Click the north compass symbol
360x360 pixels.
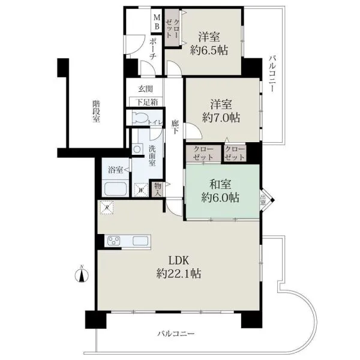(x=82, y=274)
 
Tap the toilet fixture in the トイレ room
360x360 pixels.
(x=140, y=117)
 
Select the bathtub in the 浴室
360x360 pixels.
(x=115, y=189)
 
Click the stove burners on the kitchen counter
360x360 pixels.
(x=114, y=241)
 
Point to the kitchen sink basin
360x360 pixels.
(x=140, y=241)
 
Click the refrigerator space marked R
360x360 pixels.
(x=107, y=208)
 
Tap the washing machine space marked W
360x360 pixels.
(x=141, y=190)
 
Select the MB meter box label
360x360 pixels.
(x=157, y=22)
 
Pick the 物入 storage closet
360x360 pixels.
(x=158, y=189)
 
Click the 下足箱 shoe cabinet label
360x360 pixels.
(x=147, y=102)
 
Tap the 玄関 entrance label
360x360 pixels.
(x=146, y=89)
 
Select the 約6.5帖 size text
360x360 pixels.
(x=209, y=50)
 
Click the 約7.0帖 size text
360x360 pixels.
(x=221, y=118)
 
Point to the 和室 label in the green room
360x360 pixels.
(x=220, y=184)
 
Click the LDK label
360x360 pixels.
(x=179, y=260)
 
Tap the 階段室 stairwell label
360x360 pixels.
(x=96, y=112)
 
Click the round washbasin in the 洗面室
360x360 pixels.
(x=137, y=149)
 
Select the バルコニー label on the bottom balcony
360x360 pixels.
(x=176, y=333)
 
